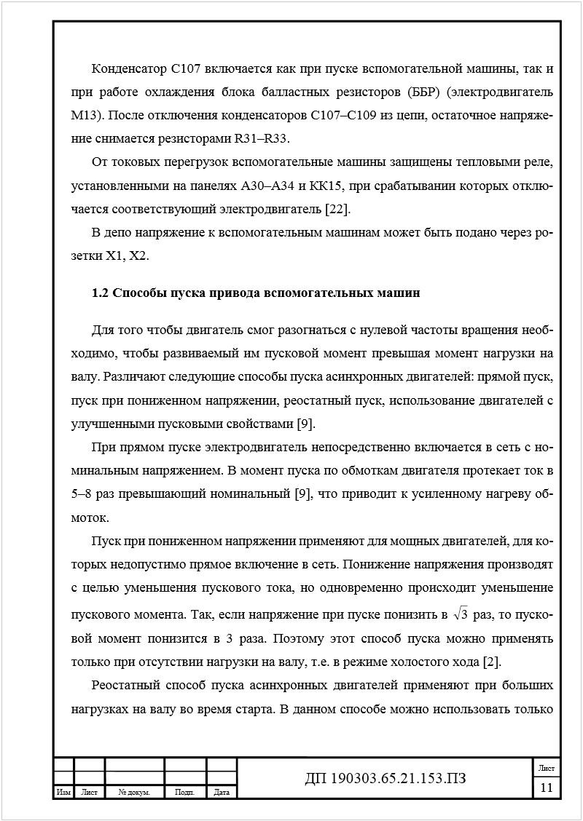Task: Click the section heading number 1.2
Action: [100, 294]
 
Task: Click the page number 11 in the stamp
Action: [546, 788]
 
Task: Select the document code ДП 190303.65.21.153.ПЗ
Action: [385, 779]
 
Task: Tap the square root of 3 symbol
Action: [460, 615]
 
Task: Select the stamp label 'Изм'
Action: [63, 793]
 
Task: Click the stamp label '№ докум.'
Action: [134, 793]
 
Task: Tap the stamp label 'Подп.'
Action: [185, 793]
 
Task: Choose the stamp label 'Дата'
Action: [222, 793]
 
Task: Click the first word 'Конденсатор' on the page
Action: [129, 69]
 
